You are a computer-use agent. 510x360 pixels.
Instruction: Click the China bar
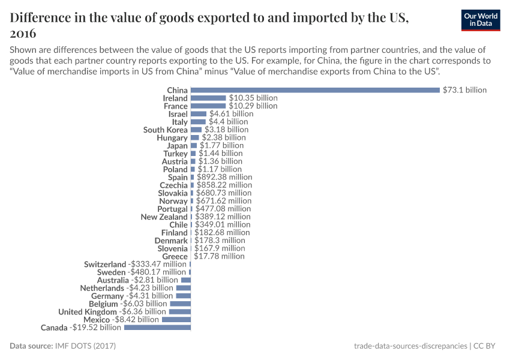pyautogui.click(x=315, y=90)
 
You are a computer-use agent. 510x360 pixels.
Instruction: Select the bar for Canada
pyautogui.click(x=157, y=328)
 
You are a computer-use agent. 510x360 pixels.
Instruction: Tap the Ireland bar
pyautogui.click(x=208, y=98)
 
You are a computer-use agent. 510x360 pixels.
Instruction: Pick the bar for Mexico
pyautogui.click(x=176, y=320)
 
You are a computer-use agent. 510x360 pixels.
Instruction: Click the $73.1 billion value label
pyautogui.click(x=464, y=90)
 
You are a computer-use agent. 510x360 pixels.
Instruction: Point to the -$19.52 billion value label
pyautogui.click(x=96, y=328)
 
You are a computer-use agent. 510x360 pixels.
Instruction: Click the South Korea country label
pyautogui.click(x=165, y=130)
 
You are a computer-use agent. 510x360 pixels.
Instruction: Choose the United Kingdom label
pyautogui.click(x=88, y=312)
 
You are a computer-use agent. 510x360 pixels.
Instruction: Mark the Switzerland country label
pyautogui.click(x=105, y=264)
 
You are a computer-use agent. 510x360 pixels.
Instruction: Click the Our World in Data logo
pyautogui.click(x=481, y=20)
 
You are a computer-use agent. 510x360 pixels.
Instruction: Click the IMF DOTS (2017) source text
pyautogui.click(x=85, y=346)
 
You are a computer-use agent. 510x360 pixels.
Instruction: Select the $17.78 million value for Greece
pyautogui.click(x=219, y=256)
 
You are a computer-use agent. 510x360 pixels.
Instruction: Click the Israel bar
pyautogui.click(x=199, y=113)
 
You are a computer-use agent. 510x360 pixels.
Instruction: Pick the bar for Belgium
pyautogui.click(x=180, y=304)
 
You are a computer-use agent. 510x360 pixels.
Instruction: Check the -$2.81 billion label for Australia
pyautogui.click(x=155, y=280)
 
